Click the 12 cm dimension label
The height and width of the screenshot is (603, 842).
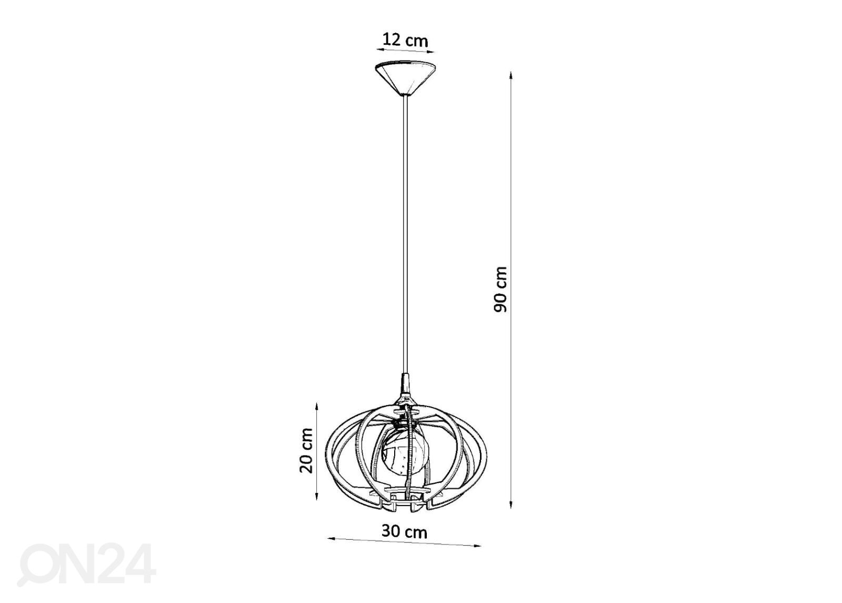click(x=405, y=40)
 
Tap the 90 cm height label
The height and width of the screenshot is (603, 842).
click(x=500, y=290)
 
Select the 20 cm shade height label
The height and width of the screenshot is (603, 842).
click(x=306, y=450)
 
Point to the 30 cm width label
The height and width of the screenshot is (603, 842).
click(x=405, y=532)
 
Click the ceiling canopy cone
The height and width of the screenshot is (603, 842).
click(x=405, y=78)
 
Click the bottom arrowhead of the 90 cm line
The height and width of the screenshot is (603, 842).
click(x=511, y=505)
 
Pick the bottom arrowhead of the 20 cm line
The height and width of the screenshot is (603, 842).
click(x=316, y=496)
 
